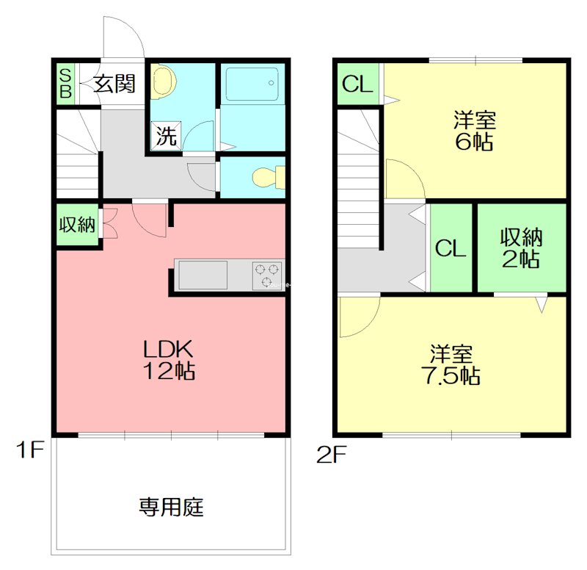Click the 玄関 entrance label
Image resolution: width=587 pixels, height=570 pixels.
[x=114, y=84]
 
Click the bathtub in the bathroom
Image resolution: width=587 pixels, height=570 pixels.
[x=251, y=84]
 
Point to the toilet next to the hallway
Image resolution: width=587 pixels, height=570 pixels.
[x=263, y=177]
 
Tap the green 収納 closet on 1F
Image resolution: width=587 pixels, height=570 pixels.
[x=77, y=226]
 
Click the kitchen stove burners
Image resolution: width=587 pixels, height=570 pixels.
[x=267, y=275]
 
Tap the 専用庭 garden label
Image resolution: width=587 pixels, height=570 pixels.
[x=170, y=506]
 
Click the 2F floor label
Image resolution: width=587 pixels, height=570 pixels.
[x=331, y=455]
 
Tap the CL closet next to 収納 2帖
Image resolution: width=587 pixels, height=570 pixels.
[x=450, y=248]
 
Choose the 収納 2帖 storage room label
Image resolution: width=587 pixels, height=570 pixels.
[x=521, y=248]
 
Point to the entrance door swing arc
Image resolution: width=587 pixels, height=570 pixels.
[x=121, y=37]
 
